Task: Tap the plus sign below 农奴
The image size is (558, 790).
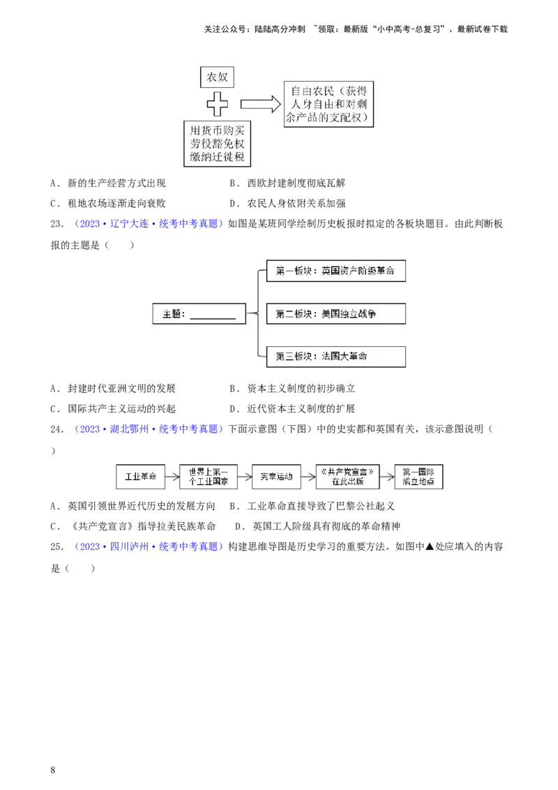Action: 218,105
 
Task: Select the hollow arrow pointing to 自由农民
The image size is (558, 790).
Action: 259,104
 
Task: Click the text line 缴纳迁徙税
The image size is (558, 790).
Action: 218,158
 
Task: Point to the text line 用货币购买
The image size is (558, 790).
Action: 218,130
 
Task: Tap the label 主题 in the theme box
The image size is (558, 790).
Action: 172,315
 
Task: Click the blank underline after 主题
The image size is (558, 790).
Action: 213,315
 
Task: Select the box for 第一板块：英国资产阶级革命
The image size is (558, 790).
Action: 335,271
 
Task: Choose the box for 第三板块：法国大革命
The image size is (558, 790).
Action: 335,357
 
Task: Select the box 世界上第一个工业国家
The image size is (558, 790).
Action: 208,477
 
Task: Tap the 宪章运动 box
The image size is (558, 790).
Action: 276,477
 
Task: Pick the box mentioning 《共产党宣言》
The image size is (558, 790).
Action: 347,477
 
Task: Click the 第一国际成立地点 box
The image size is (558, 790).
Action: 418,477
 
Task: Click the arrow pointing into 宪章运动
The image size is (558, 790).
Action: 244,477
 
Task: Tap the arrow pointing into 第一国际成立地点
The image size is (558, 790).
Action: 386,477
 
